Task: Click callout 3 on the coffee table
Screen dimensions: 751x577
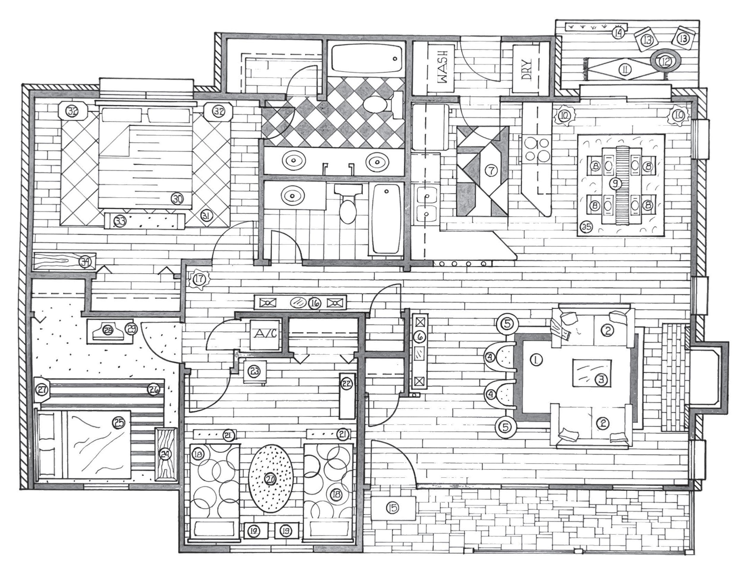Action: coord(601,379)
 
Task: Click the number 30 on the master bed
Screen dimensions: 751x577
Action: coord(178,198)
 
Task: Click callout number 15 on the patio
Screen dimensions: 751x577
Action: coord(393,507)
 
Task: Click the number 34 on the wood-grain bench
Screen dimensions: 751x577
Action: coord(85,262)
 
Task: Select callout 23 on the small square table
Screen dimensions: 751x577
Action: coord(255,371)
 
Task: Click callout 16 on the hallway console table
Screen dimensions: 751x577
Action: coord(314,303)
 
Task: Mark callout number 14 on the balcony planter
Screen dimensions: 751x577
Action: coord(618,33)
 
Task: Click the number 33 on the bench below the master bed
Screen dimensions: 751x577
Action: coord(120,222)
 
